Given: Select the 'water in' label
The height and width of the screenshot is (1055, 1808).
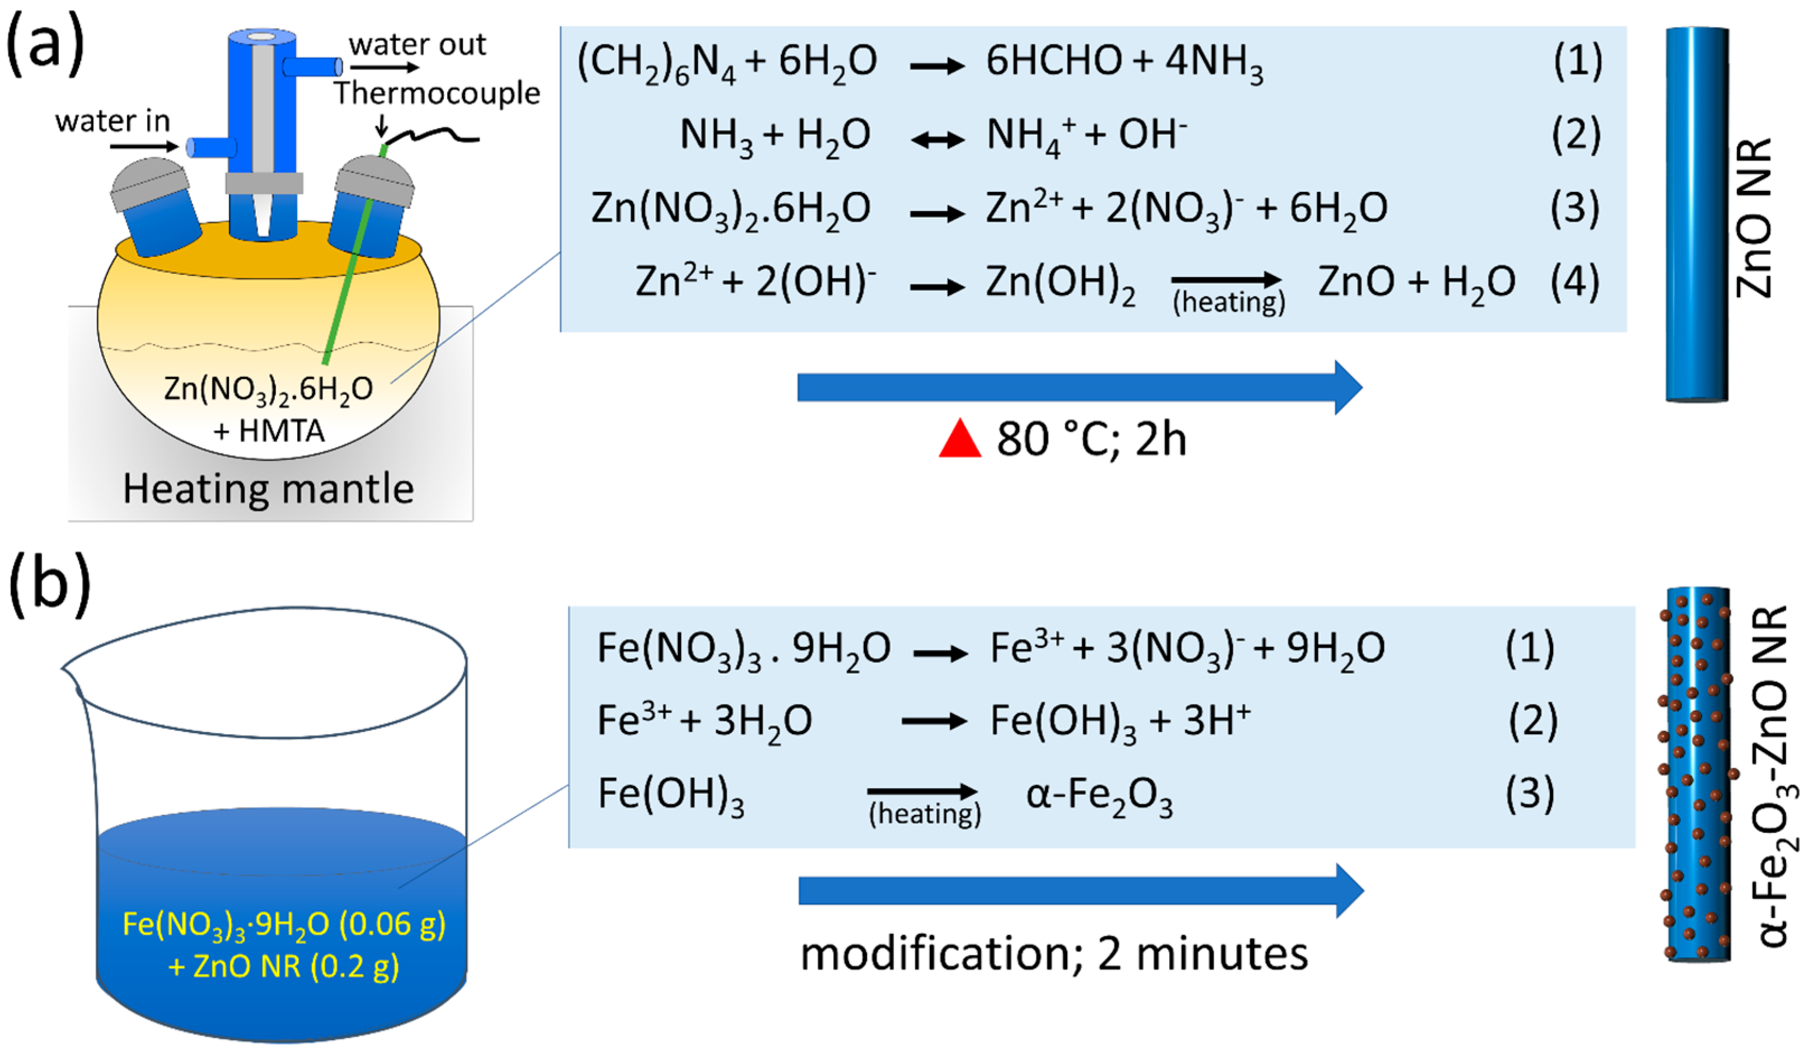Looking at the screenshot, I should (x=112, y=121).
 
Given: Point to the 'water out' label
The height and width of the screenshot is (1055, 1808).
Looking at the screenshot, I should (x=417, y=45).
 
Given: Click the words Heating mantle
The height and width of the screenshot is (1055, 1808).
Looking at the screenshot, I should (x=269, y=489).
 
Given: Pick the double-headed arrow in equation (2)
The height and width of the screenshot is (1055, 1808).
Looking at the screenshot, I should (x=937, y=139).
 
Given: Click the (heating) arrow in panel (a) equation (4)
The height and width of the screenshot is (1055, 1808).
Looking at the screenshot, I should (x=1227, y=280).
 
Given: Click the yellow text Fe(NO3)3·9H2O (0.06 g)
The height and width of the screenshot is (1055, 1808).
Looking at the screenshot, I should (x=284, y=925).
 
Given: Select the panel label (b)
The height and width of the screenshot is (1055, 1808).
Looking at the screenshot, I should (x=49, y=584).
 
